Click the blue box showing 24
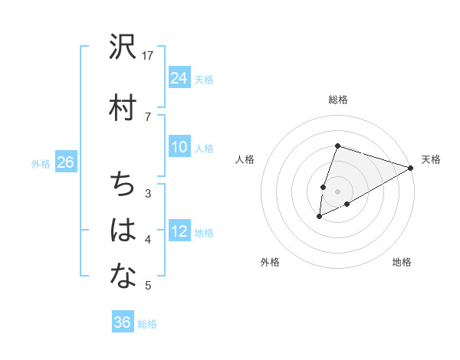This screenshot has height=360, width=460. tap(179, 78)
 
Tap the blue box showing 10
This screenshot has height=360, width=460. tap(179, 147)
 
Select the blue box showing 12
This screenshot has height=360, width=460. tap(179, 231)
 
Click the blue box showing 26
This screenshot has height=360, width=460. tap(65, 162)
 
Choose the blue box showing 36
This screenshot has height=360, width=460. tap(123, 322)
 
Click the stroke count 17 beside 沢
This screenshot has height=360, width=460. tap(148, 56)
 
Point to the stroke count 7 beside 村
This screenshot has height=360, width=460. tap(148, 116)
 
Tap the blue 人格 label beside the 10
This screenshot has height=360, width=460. tap(204, 148)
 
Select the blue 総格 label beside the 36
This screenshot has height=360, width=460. tap(147, 323)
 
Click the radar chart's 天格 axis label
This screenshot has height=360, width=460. tap(431, 159)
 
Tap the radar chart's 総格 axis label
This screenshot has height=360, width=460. tap(337, 100)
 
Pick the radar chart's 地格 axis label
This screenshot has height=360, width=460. tap(402, 262)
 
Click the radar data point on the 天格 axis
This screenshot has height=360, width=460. tap(412, 168)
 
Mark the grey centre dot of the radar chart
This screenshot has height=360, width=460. tap(337, 191)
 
